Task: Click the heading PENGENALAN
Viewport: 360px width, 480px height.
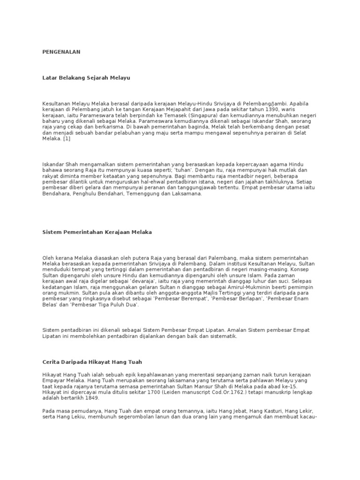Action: point(61,52)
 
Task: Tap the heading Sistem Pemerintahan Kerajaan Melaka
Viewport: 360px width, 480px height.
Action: point(97,232)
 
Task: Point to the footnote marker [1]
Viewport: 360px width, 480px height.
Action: point(67,139)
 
